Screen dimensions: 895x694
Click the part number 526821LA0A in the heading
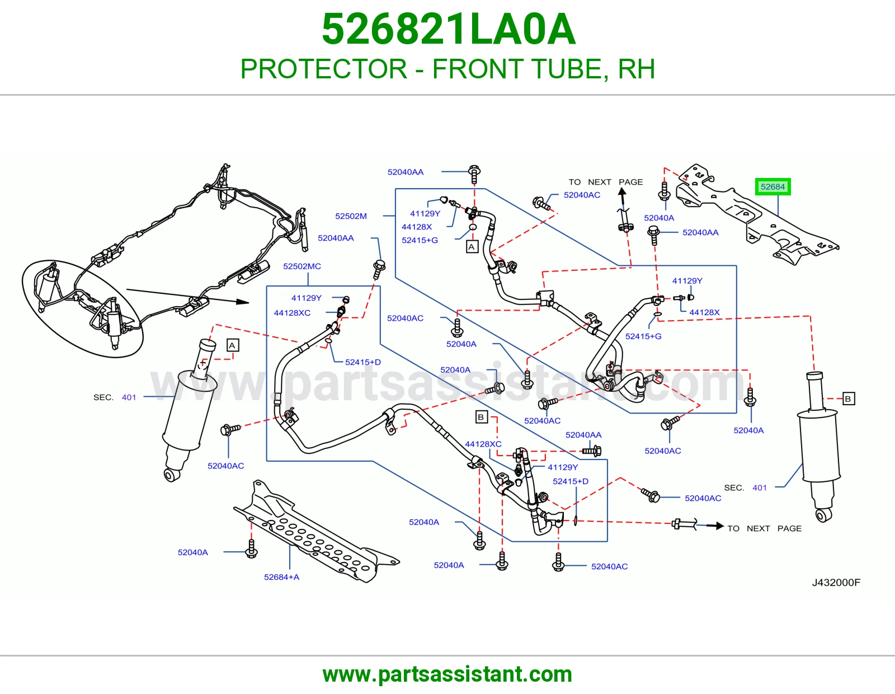[x=449, y=29]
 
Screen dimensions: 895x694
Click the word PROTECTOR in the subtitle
[x=324, y=69]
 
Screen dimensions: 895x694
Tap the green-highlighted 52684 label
[x=772, y=187]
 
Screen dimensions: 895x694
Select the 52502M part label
[x=351, y=216]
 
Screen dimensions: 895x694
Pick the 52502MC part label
[x=302, y=266]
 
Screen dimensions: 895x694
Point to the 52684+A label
[x=282, y=577]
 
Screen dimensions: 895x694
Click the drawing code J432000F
[x=836, y=582]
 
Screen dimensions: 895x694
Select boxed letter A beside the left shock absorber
[x=232, y=345]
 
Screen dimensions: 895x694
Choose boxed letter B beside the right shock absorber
[x=848, y=398]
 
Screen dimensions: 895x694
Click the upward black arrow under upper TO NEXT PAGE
[x=623, y=198]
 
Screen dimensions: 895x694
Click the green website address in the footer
[x=447, y=674]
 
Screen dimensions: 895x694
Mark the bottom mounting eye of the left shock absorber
[x=171, y=475]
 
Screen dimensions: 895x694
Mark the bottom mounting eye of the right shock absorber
[x=824, y=515]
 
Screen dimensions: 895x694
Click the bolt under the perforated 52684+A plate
[x=251, y=549]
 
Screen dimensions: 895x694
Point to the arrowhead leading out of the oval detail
[x=243, y=302]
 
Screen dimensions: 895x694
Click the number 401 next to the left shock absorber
[x=129, y=397]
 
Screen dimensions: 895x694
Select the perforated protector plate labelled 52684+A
[x=316, y=532]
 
